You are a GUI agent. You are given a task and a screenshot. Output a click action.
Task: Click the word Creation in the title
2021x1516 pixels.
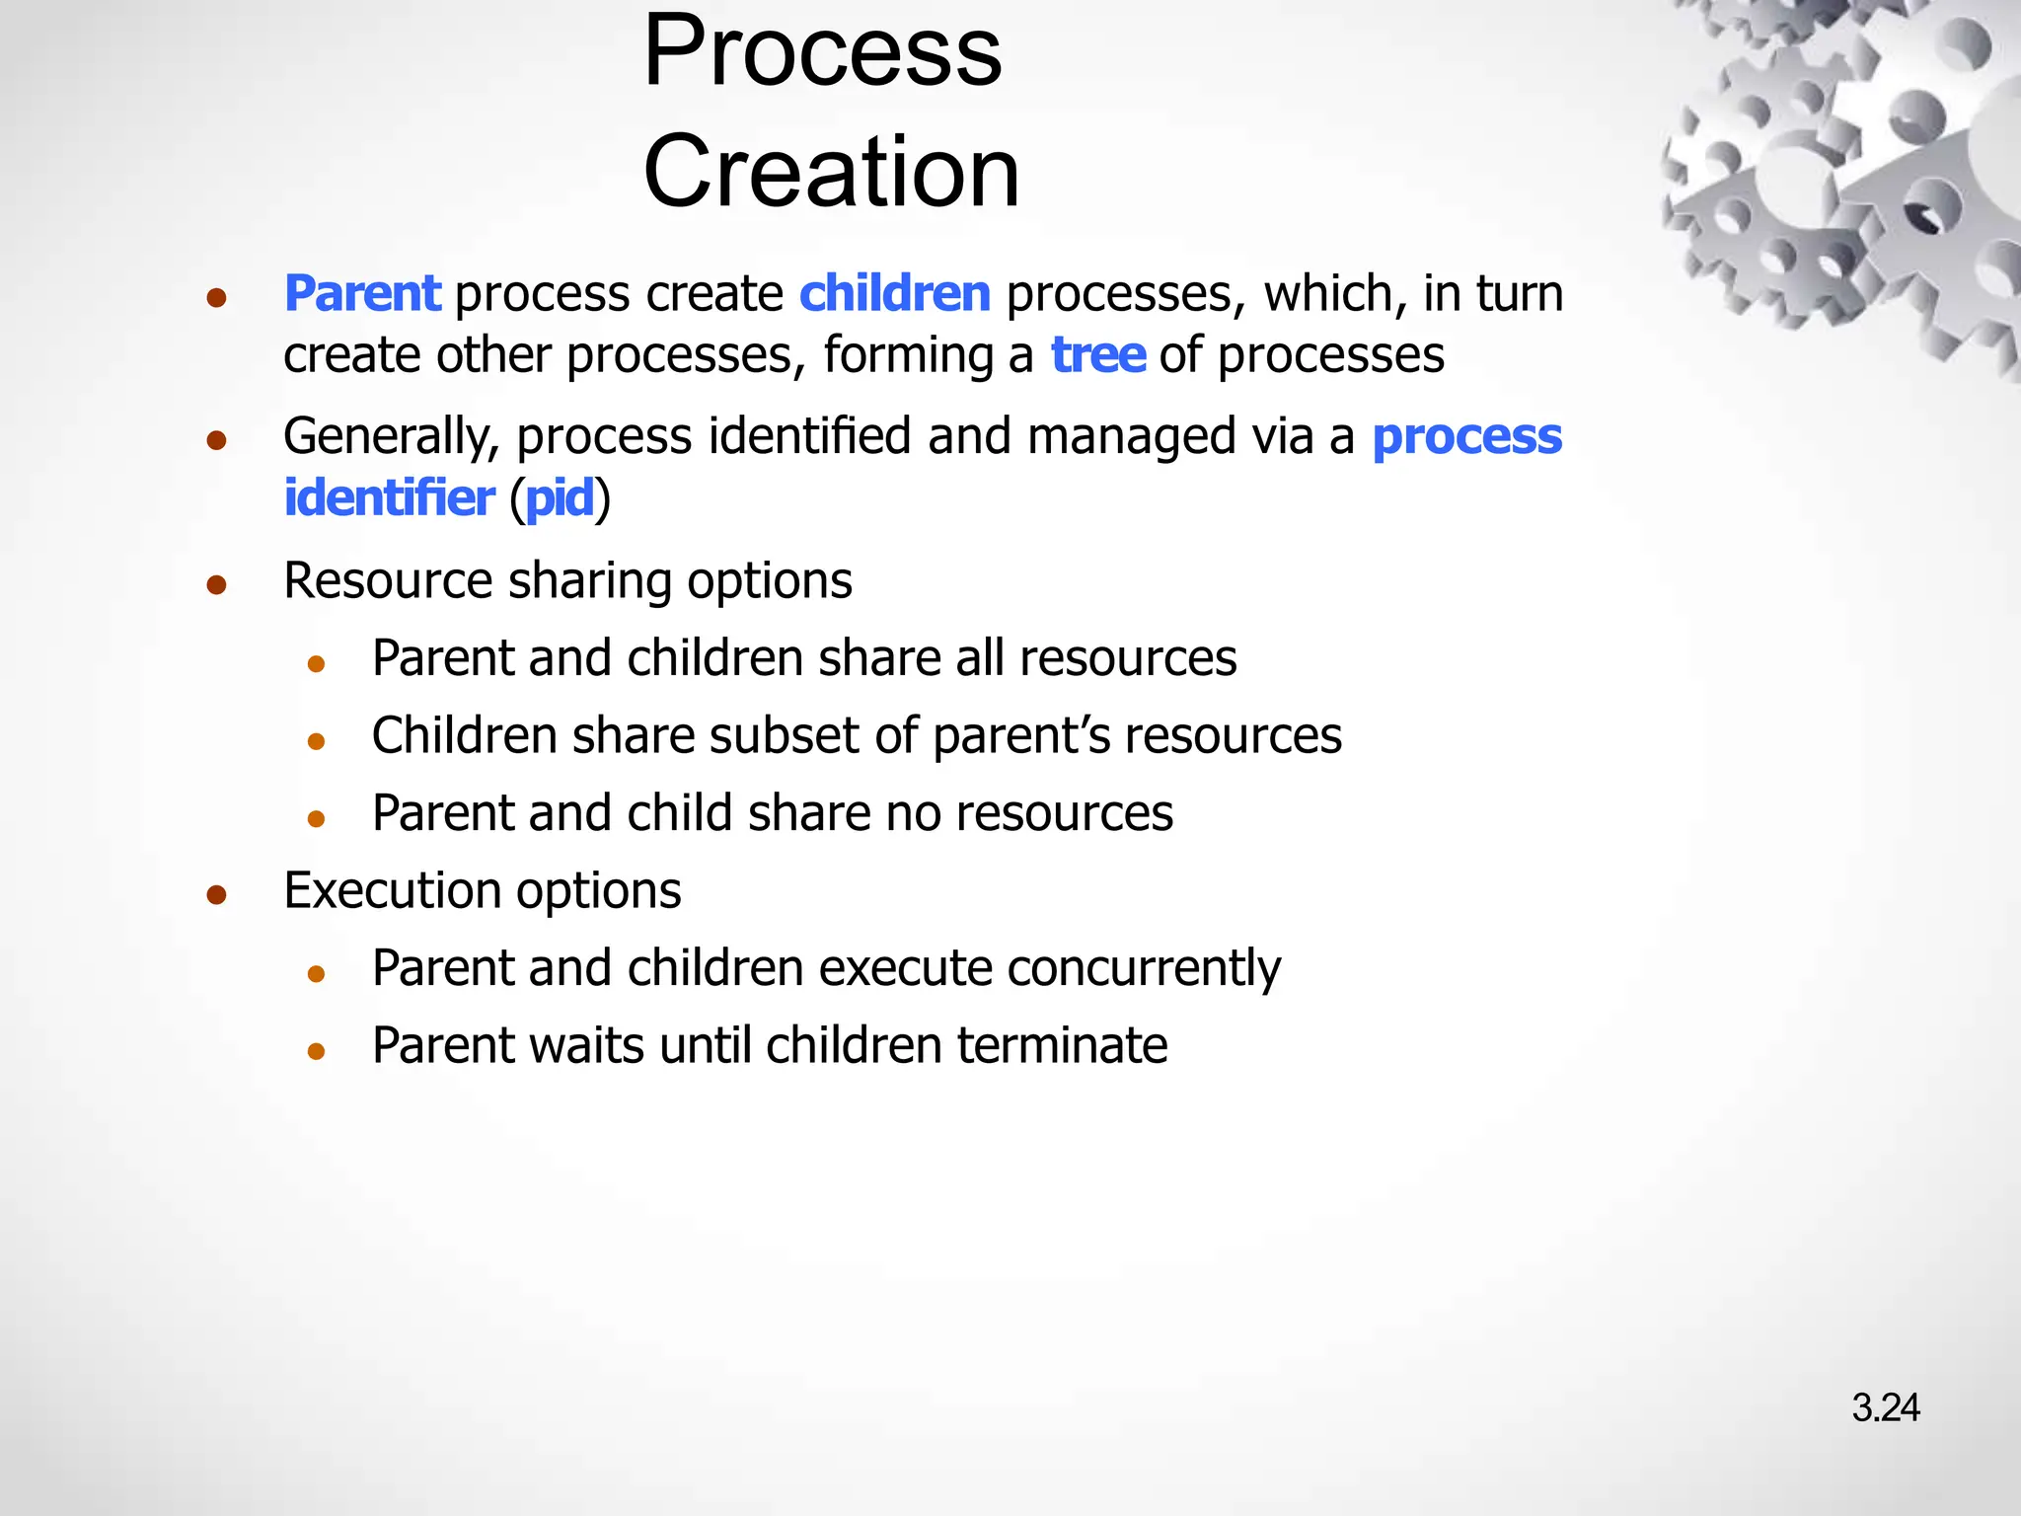[831, 172]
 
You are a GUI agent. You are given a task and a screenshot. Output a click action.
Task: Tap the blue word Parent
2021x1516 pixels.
[362, 294]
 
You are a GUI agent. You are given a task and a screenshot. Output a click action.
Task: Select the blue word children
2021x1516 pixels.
[894, 294]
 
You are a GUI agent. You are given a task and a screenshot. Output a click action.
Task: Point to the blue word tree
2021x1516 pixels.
[1097, 355]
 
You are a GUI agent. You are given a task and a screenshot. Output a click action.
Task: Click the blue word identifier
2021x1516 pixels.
[389, 497]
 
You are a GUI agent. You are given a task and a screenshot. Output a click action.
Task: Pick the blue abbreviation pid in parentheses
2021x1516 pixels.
[560, 498]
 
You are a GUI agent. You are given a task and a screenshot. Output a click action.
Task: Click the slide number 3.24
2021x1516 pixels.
[1885, 1407]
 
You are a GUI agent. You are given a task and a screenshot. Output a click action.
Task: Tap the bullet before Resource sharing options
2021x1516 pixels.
[217, 585]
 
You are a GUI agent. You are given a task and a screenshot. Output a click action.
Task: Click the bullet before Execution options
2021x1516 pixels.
[217, 895]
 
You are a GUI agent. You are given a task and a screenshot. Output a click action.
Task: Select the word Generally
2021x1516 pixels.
[391, 437]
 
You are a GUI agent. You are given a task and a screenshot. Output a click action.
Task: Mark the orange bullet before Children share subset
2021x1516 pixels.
[316, 741]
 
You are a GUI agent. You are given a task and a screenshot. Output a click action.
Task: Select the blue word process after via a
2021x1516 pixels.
[1466, 437]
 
